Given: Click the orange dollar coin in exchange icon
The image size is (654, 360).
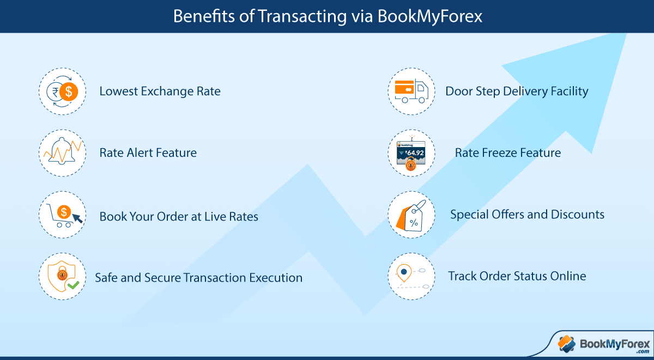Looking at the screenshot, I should pyautogui.click(x=69, y=91).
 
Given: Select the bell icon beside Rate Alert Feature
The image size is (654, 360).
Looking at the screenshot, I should pyautogui.click(x=61, y=152).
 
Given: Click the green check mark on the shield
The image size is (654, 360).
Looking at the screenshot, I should pyautogui.click(x=73, y=284).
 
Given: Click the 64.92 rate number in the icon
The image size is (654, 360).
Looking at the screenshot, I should pyautogui.click(x=415, y=153).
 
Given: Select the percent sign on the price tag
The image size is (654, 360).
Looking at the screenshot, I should pyautogui.click(x=414, y=222).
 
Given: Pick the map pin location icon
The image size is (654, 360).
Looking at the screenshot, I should pyautogui.click(x=403, y=272).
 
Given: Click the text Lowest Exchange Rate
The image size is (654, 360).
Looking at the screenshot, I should pyautogui.click(x=160, y=91).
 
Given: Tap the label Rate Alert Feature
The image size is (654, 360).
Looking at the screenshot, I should pyautogui.click(x=148, y=152).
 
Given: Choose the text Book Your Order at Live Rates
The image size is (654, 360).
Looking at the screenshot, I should pyautogui.click(x=179, y=216).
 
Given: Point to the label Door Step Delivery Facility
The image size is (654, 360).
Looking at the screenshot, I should pyautogui.click(x=517, y=91).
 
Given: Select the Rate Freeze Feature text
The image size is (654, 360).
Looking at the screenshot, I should pyautogui.click(x=508, y=152).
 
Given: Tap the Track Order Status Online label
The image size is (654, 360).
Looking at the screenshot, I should pyautogui.click(x=517, y=276).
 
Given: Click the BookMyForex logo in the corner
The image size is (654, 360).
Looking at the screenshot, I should pyautogui.click(x=604, y=344).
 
